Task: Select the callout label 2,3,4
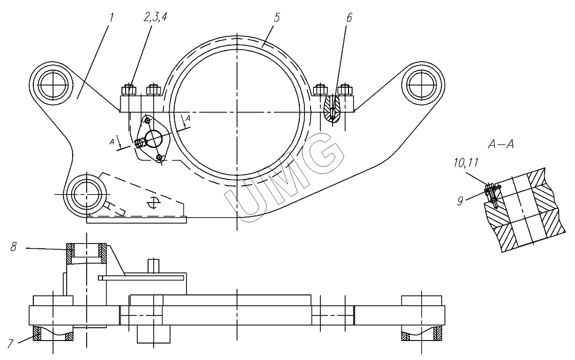[x=155, y=17]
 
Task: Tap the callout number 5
[x=277, y=17]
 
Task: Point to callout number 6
[x=349, y=17]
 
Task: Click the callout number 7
[x=11, y=344]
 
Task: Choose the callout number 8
[x=13, y=247]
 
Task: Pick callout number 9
[x=461, y=201]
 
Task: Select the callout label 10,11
[x=466, y=163]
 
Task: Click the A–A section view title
[x=501, y=144]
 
